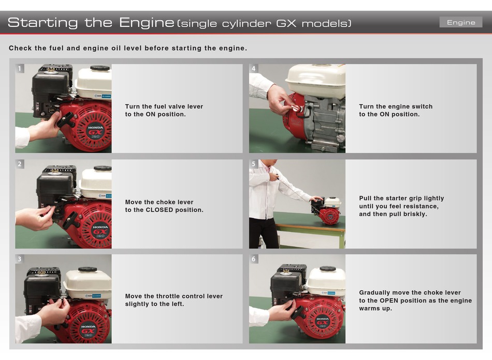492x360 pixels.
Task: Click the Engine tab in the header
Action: (460, 22)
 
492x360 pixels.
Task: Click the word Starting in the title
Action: (42, 23)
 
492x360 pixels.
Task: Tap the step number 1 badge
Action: (20, 68)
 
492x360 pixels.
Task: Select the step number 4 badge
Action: (254, 68)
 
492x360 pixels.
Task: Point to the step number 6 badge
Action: (254, 259)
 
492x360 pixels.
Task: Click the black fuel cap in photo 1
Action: (100, 68)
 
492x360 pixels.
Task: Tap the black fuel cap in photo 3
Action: (88, 269)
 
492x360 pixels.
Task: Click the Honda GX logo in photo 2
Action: (100, 231)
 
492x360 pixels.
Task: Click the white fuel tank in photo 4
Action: (316, 81)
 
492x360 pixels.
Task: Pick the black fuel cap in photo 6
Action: (328, 269)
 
